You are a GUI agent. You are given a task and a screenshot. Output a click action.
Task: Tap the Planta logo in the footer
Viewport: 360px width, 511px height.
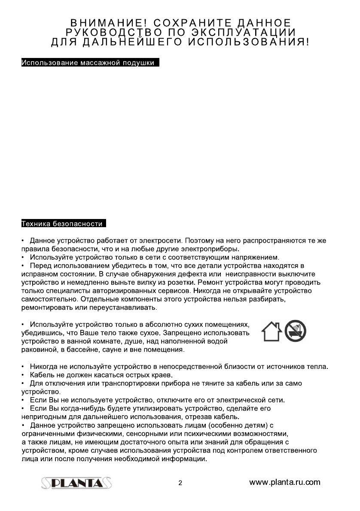pyautogui.click(x=77, y=483)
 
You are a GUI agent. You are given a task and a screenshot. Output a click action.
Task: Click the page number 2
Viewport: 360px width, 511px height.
pyautogui.click(x=180, y=483)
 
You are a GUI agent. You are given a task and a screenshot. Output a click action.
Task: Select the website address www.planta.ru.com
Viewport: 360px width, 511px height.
pyautogui.click(x=285, y=482)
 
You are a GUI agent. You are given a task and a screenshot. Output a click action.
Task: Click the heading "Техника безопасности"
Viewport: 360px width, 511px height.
pyautogui.click(x=63, y=224)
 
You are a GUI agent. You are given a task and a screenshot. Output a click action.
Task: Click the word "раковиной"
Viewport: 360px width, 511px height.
pyautogui.click(x=39, y=350)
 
